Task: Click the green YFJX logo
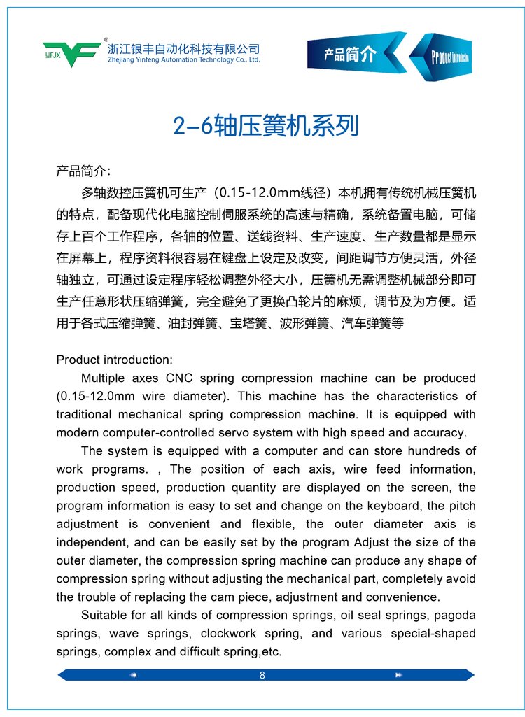[x=72, y=52]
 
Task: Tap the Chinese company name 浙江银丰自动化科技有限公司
[x=184, y=49]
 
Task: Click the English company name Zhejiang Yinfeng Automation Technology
[x=184, y=60]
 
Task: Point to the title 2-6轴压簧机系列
[x=266, y=126]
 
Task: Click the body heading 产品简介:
[x=83, y=171]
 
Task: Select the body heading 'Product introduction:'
[x=114, y=360]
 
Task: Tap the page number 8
[x=262, y=675]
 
